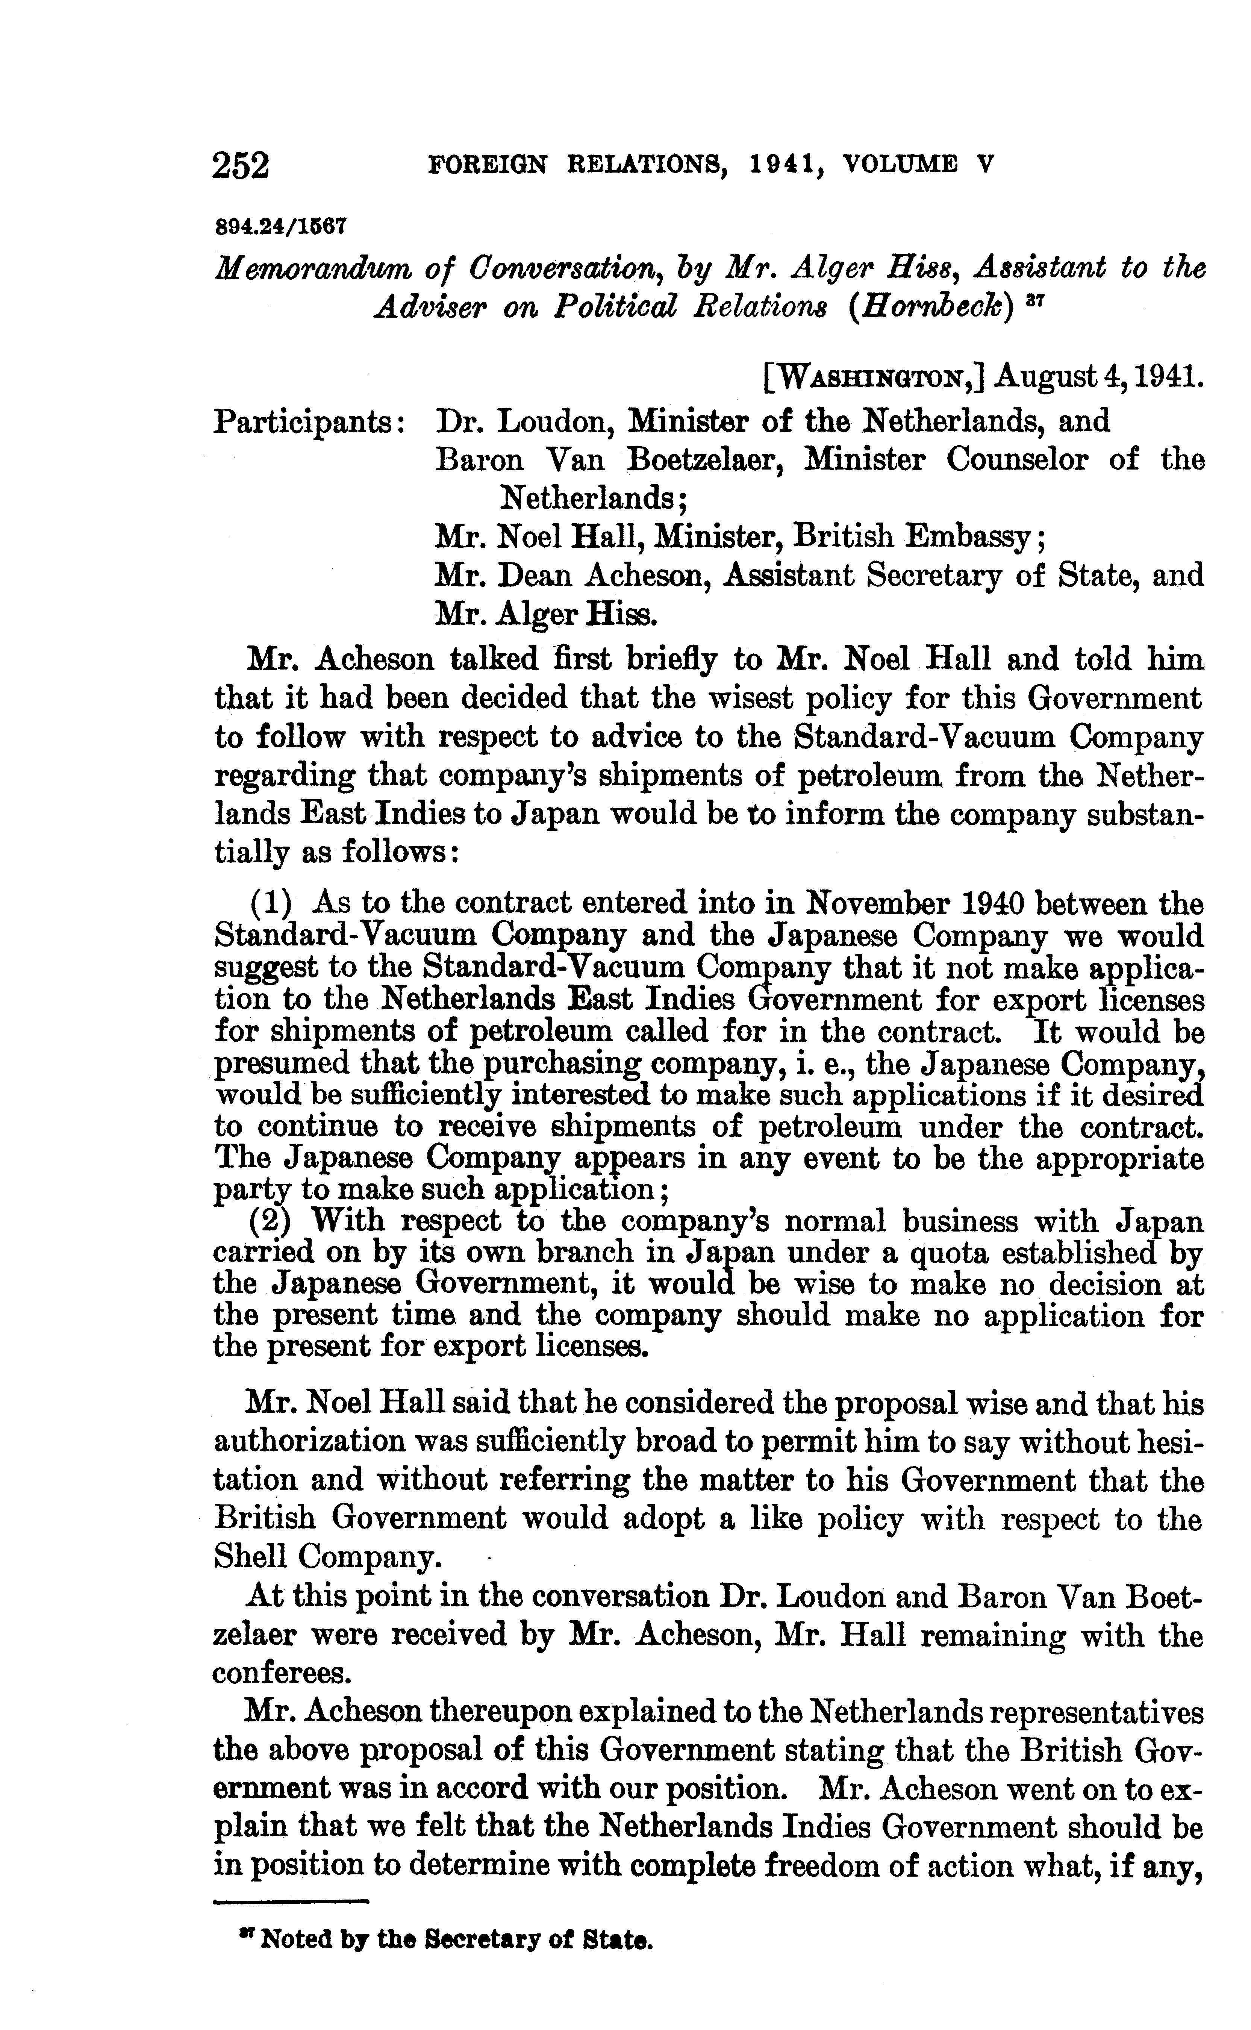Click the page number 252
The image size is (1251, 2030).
(241, 165)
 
